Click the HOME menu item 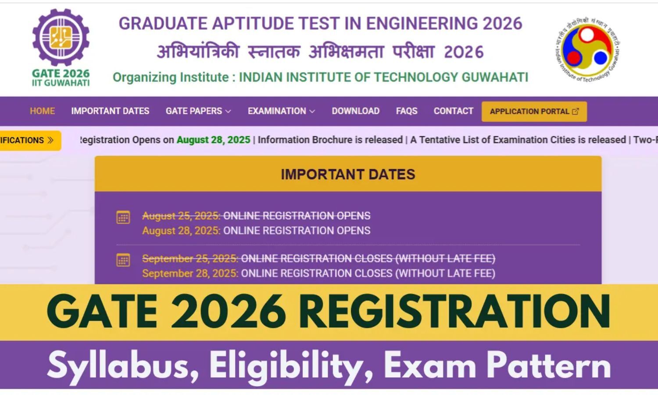(x=42, y=111)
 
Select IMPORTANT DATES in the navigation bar (x=110, y=111)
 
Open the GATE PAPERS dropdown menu (x=198, y=111)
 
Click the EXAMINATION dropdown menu (x=281, y=111)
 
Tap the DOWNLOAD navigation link (x=355, y=111)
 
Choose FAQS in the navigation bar (x=407, y=111)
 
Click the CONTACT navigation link (x=453, y=111)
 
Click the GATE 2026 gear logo (x=61, y=38)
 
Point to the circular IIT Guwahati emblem (x=587, y=49)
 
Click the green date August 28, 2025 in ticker (x=213, y=140)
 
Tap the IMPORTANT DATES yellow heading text (x=348, y=174)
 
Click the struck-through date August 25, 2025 (x=181, y=216)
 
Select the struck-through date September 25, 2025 (x=190, y=259)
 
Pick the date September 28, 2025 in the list (x=190, y=273)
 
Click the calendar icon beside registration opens (x=123, y=217)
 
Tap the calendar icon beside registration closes (x=123, y=260)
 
